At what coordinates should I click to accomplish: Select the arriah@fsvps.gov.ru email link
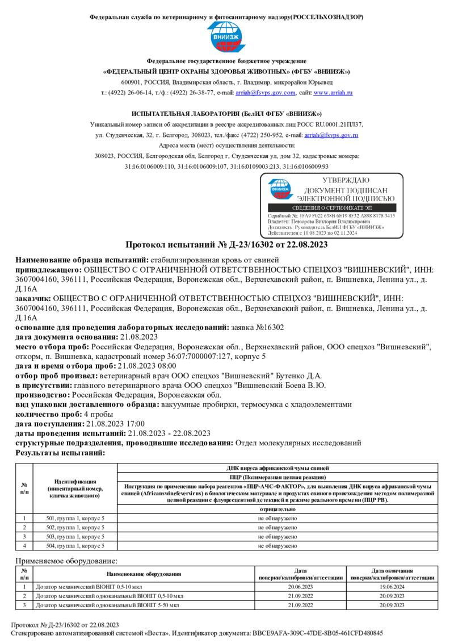(331, 135)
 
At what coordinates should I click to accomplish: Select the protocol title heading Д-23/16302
(226, 245)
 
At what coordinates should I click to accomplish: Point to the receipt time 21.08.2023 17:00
(115, 423)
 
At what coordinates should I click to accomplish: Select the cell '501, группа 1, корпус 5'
(75, 519)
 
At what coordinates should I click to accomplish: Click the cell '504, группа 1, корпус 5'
(75, 546)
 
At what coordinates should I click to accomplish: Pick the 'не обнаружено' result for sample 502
(278, 528)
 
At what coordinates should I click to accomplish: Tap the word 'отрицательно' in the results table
(278, 510)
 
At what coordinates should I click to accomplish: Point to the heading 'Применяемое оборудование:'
(58, 561)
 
